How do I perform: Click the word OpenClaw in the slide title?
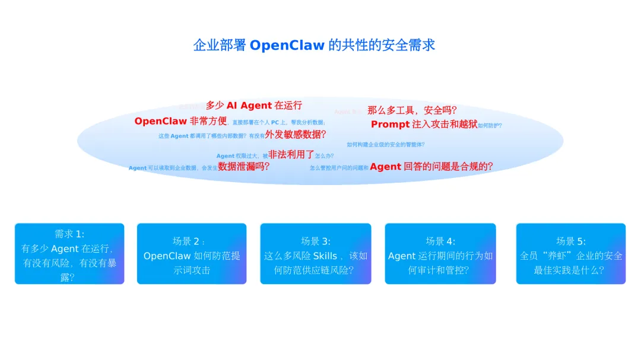click(287, 45)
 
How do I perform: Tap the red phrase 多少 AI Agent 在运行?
click(253, 106)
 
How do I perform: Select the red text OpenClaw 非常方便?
click(180, 121)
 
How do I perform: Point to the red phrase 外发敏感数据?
click(296, 134)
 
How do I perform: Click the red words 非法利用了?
click(291, 154)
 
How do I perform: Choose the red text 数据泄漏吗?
click(243, 167)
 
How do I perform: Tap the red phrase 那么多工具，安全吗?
click(411, 110)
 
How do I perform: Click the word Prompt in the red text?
click(390, 124)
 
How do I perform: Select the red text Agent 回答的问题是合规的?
click(431, 167)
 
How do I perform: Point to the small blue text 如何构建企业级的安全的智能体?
click(385, 144)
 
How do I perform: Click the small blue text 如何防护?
click(490, 126)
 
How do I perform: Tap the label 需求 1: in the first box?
click(69, 234)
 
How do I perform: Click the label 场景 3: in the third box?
click(315, 241)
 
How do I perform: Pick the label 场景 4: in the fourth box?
click(440, 241)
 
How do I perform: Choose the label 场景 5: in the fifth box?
click(570, 241)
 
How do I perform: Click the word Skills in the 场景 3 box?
click(324, 256)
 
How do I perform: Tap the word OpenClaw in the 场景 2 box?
click(167, 256)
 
